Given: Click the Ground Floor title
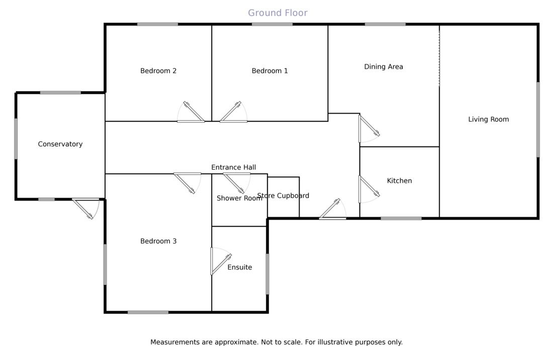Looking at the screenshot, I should (278, 13).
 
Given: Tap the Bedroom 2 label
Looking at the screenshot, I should (158, 71).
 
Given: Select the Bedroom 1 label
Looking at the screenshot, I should (269, 71).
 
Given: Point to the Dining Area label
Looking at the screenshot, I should (384, 66).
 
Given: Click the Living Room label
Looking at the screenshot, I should (488, 119).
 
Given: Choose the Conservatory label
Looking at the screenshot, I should (60, 144).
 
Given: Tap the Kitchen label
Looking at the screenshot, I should (399, 181).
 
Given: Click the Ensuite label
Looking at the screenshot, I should (239, 267).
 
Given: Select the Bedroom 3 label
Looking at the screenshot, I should (158, 241).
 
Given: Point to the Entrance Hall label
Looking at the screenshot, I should (233, 167).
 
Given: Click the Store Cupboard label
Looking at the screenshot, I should (283, 196).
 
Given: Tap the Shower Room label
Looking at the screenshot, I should (239, 199).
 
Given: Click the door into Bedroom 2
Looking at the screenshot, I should (192, 114).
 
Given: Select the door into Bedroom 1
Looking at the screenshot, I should (232, 114).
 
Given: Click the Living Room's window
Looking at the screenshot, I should (537, 120).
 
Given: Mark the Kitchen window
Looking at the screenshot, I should (401, 218).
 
